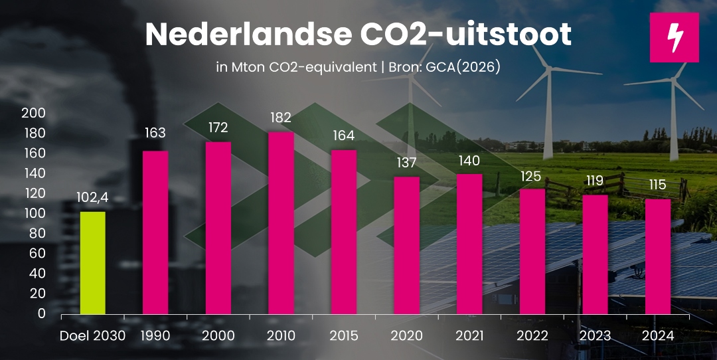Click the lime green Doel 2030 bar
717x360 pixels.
pos(92,262)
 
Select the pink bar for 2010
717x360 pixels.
pos(281,223)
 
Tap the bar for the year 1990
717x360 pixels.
pos(155,232)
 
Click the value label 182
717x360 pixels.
pos(281,118)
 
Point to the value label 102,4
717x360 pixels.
pos(92,198)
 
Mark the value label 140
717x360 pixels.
pos(469,160)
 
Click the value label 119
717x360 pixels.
pos(595,181)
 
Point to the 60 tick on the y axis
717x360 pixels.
pos(37,253)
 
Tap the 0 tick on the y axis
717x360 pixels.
pos(41,313)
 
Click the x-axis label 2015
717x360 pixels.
pos(343,335)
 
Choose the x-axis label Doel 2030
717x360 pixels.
pos(92,335)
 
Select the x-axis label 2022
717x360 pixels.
pos(532,335)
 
